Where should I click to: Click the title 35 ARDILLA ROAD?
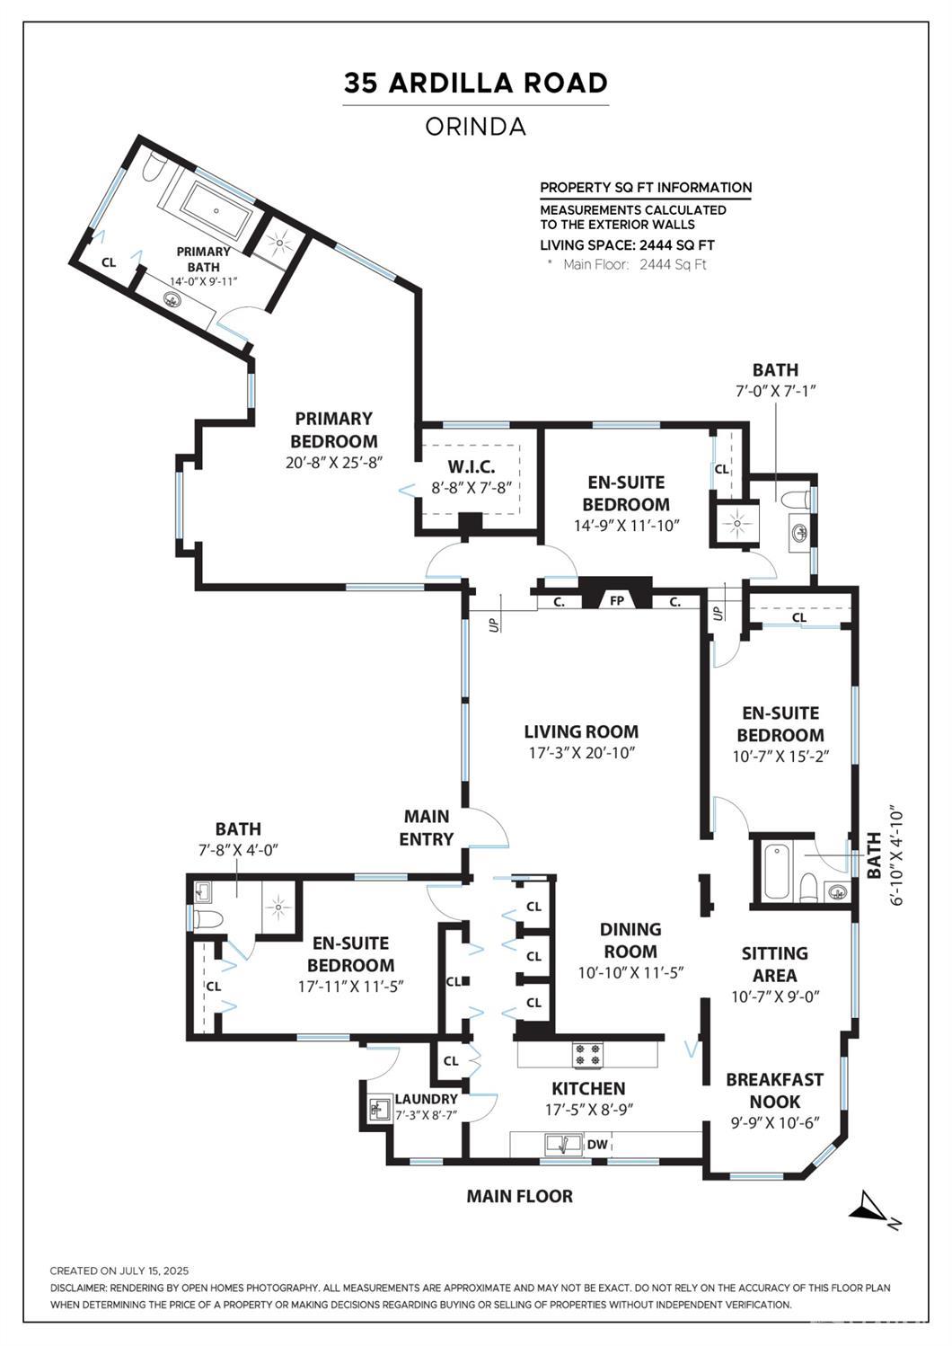pos(475,83)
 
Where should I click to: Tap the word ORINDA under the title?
pos(475,127)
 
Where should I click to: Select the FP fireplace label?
pos(617,600)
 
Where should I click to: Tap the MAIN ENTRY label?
pos(427,828)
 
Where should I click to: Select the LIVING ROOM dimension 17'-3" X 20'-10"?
pos(581,753)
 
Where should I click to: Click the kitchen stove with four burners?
pos(588,1054)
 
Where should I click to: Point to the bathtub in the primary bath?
pos(216,213)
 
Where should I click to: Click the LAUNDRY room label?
pos(426,1099)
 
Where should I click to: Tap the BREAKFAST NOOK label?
pos(774,1090)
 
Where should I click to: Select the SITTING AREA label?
pos(774,964)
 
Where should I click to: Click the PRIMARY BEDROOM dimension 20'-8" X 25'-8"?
pos(333,464)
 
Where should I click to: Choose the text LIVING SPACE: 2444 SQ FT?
pos(627,244)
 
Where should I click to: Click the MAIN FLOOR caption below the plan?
pos(519,1196)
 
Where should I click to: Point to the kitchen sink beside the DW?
pos(562,1144)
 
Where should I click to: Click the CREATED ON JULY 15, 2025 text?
pos(119,1271)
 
